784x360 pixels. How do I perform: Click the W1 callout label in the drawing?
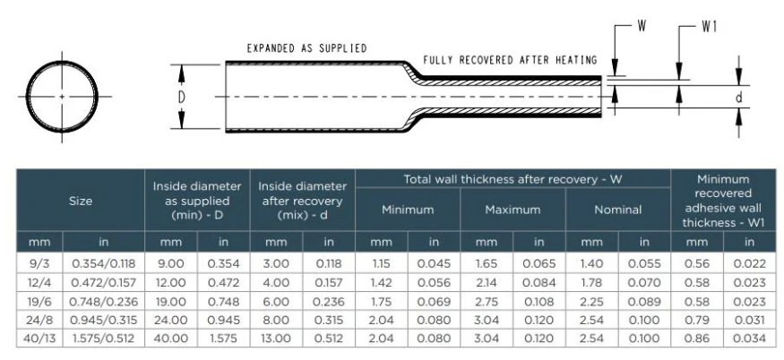click(709, 28)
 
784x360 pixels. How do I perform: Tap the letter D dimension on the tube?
click(182, 97)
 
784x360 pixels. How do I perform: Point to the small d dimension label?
click(738, 98)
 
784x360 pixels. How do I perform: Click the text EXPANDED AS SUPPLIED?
click(307, 48)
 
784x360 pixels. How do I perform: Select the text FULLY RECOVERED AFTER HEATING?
click(510, 61)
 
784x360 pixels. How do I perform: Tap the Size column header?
click(81, 201)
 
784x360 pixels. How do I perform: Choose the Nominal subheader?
click(618, 210)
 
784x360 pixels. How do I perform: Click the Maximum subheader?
click(513, 210)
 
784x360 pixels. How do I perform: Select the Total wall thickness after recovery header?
click(513, 179)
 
